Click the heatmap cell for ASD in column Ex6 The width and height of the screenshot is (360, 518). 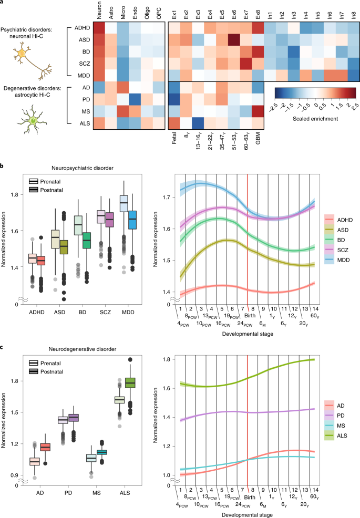pos(234,39)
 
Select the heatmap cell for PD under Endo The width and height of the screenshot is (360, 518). pos(135,99)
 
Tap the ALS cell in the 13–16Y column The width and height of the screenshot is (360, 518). pos(198,123)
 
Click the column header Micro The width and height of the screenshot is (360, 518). pos(123,12)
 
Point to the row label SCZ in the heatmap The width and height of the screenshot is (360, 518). pos(84,64)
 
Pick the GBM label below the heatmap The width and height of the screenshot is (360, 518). pos(258,138)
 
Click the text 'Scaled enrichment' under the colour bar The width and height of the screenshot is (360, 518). pos(315,119)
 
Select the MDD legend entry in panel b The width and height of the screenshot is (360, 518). pos(338,260)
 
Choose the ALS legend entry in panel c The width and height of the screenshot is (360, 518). pos(337,436)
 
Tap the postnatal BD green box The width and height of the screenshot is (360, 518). pos(87,241)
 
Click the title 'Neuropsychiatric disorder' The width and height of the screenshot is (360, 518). pos(83,168)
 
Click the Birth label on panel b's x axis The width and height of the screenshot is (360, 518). pos(250,316)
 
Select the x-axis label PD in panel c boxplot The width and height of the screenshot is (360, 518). pos(68,493)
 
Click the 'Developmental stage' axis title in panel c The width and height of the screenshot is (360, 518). pos(248,515)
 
